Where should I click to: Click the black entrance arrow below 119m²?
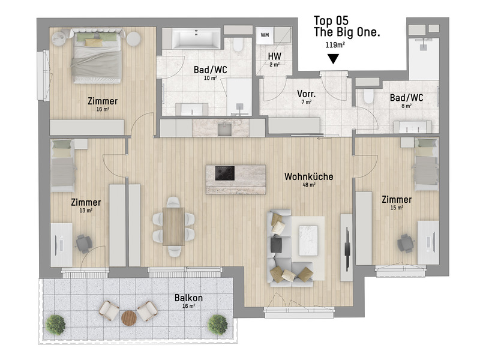(333, 59)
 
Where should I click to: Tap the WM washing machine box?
(265, 35)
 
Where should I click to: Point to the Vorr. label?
(307, 94)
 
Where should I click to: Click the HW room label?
(275, 56)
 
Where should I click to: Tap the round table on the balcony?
(129, 317)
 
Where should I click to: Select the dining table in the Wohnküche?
(174, 226)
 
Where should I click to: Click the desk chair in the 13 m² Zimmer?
(83, 243)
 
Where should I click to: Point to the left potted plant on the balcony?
(56, 325)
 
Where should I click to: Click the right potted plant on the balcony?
(217, 325)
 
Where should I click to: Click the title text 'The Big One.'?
(347, 34)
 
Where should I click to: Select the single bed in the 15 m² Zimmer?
(427, 164)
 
